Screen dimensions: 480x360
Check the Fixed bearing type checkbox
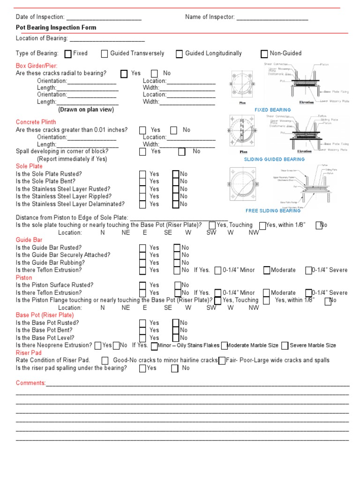(68, 54)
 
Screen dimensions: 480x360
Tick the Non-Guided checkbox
(264, 54)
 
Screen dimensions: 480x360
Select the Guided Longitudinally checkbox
(180, 54)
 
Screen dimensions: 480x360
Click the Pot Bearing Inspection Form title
(56, 28)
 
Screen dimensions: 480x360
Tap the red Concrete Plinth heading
(36, 122)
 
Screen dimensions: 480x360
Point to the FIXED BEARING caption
(272, 110)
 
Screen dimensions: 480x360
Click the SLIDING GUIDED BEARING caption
(274, 159)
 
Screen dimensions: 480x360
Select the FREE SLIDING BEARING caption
(273, 211)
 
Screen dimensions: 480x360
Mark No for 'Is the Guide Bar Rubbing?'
(177, 263)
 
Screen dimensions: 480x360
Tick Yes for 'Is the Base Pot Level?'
(142, 338)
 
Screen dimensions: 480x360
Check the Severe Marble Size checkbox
(285, 346)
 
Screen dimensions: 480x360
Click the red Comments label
(30, 383)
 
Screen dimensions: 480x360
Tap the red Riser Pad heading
(29, 353)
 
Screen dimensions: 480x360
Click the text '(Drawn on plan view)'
(86, 110)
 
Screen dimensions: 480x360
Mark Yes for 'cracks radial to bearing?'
(124, 74)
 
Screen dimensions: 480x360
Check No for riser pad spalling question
(175, 368)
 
